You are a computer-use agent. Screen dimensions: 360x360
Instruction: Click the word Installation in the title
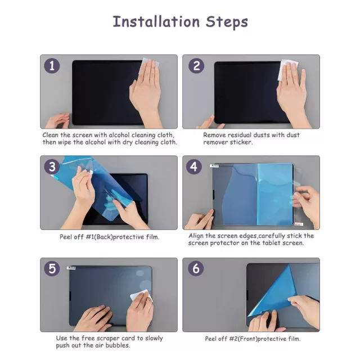click(155, 22)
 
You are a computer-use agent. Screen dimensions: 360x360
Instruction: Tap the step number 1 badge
click(52, 66)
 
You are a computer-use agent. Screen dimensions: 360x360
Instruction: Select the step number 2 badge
click(195, 66)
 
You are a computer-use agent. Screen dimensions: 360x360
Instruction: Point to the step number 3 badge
click(52, 167)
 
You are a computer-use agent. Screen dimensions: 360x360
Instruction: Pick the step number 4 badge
click(195, 167)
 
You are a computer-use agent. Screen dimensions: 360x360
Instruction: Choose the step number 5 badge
click(52, 269)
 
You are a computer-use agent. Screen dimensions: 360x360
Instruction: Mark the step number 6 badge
click(195, 269)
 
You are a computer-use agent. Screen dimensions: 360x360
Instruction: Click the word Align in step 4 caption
click(197, 236)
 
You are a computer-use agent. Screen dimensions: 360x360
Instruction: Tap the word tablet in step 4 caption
click(267, 243)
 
